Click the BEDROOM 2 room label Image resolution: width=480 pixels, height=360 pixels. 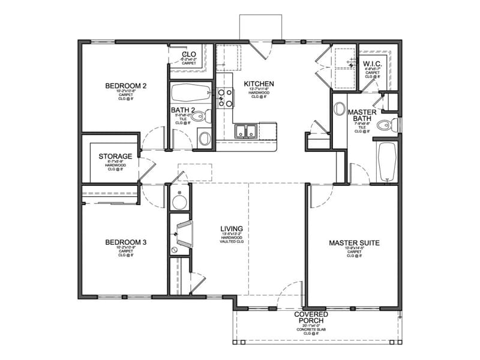(x=125, y=86)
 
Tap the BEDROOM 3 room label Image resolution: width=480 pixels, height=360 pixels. (x=125, y=242)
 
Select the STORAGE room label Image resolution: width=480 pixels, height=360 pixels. (x=115, y=157)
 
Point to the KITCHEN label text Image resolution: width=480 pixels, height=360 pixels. (x=259, y=83)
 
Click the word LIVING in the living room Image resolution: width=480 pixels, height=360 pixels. (x=231, y=229)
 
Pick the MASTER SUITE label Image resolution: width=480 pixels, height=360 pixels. (x=354, y=243)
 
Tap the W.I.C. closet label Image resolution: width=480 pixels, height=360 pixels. (x=372, y=64)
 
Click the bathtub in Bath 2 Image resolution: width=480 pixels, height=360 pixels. (x=190, y=93)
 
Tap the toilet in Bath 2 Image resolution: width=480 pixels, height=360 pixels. (x=203, y=116)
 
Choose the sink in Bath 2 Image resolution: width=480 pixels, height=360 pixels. (x=204, y=139)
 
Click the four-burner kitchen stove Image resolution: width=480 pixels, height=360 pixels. (x=225, y=98)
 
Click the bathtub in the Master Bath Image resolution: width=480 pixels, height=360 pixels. (x=386, y=161)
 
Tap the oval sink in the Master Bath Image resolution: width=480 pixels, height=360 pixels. (x=340, y=109)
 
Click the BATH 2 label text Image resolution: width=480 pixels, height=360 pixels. (x=184, y=110)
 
